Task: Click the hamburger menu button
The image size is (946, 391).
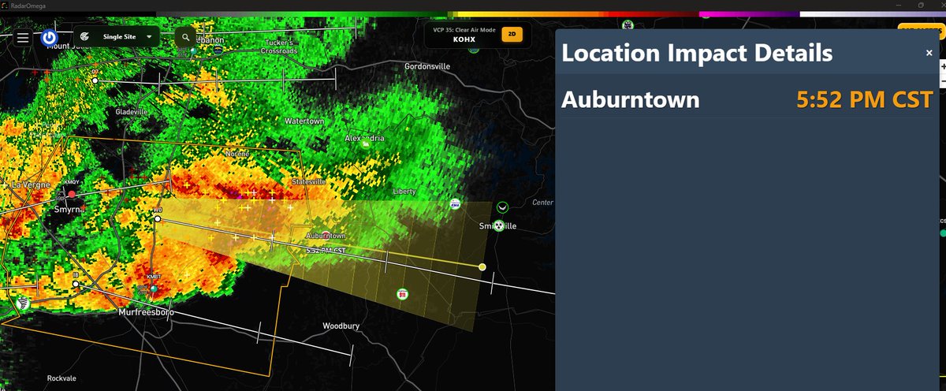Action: [x=22, y=37]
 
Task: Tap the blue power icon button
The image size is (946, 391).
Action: [x=49, y=37]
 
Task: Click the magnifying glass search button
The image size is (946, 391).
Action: [x=184, y=37]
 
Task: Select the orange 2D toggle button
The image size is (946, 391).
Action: [x=512, y=35]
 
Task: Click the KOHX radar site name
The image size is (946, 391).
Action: [x=464, y=39]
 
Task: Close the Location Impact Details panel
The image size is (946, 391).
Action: [x=929, y=53]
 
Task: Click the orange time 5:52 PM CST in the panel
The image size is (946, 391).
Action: [x=864, y=100]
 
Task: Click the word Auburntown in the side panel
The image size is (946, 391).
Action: [x=630, y=100]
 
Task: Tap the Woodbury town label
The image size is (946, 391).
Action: [x=341, y=326]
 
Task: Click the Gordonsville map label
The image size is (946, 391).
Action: [x=426, y=66]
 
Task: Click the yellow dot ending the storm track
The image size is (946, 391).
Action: [x=482, y=267]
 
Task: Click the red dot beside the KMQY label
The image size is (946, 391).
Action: [x=72, y=193]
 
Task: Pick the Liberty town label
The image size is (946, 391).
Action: [x=404, y=192]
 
